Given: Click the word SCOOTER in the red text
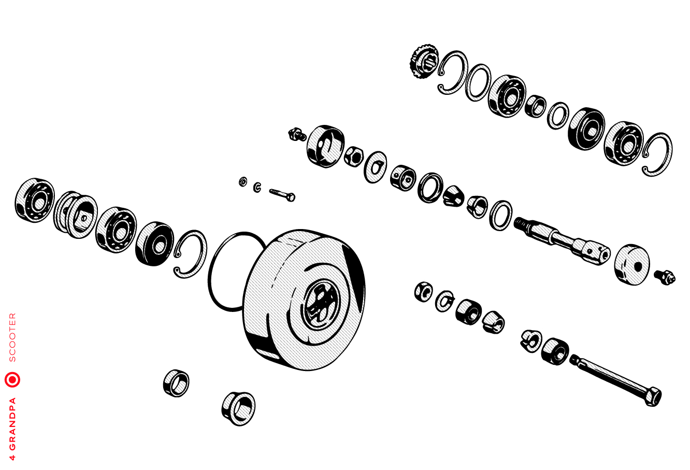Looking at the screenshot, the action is click(x=12, y=337).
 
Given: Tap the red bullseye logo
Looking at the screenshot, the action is click(x=12, y=379).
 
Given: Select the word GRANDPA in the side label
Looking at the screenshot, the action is click(x=12, y=424).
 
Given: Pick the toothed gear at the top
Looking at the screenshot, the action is click(x=424, y=61).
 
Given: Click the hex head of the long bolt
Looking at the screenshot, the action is click(x=653, y=396).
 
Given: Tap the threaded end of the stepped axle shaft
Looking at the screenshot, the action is click(x=520, y=222).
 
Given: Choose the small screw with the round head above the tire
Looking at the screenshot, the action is click(x=282, y=195).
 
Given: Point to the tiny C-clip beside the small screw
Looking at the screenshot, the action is click(x=257, y=187).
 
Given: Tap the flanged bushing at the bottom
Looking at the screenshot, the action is click(x=238, y=408).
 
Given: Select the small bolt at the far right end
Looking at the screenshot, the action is click(x=665, y=277).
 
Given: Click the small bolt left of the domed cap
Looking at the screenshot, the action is click(x=297, y=134).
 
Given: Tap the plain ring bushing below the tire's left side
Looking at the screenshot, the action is click(x=176, y=383).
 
